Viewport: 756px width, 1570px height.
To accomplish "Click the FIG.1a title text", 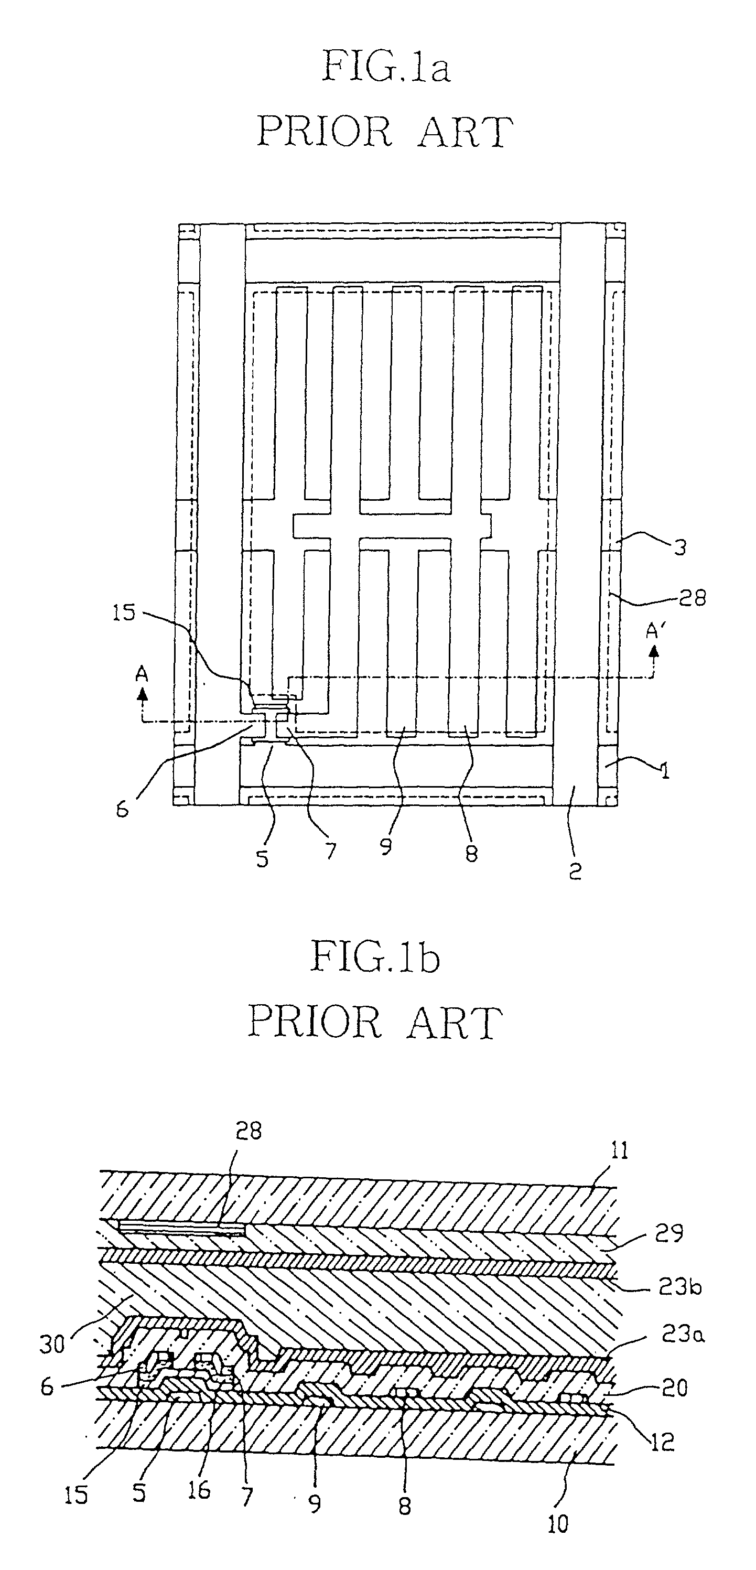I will (386, 67).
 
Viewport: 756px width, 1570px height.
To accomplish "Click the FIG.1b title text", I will (375, 958).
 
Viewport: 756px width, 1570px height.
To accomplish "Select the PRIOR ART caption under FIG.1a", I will (384, 131).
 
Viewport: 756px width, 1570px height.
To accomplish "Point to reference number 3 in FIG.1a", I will (680, 547).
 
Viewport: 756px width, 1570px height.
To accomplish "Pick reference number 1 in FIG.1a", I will (665, 771).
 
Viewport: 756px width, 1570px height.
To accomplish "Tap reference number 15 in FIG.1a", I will (124, 612).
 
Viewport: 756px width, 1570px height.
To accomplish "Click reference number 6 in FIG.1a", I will (123, 810).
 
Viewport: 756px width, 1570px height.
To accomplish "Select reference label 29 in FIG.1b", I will (669, 1232).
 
